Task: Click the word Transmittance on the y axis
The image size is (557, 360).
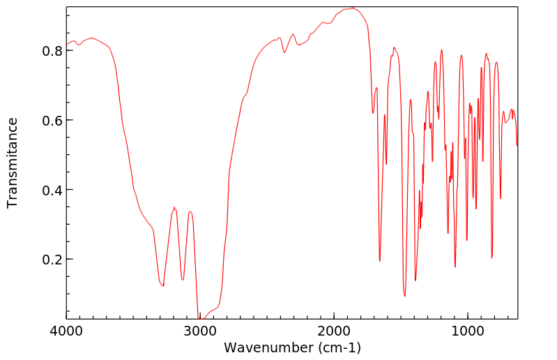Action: pos(13,163)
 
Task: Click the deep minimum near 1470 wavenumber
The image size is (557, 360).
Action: pos(404,296)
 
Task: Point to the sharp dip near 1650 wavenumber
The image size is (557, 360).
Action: pos(380,261)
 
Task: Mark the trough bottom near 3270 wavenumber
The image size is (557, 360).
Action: pos(163,285)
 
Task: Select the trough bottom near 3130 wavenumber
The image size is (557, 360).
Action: pos(183,279)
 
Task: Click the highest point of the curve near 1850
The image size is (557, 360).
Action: pos(353,8)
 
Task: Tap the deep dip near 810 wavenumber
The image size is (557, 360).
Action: pos(492,258)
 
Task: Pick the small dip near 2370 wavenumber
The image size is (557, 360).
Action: pos(284,52)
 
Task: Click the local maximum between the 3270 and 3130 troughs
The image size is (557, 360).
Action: pos(175,208)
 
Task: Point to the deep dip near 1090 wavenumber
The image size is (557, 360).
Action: pos(455,267)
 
